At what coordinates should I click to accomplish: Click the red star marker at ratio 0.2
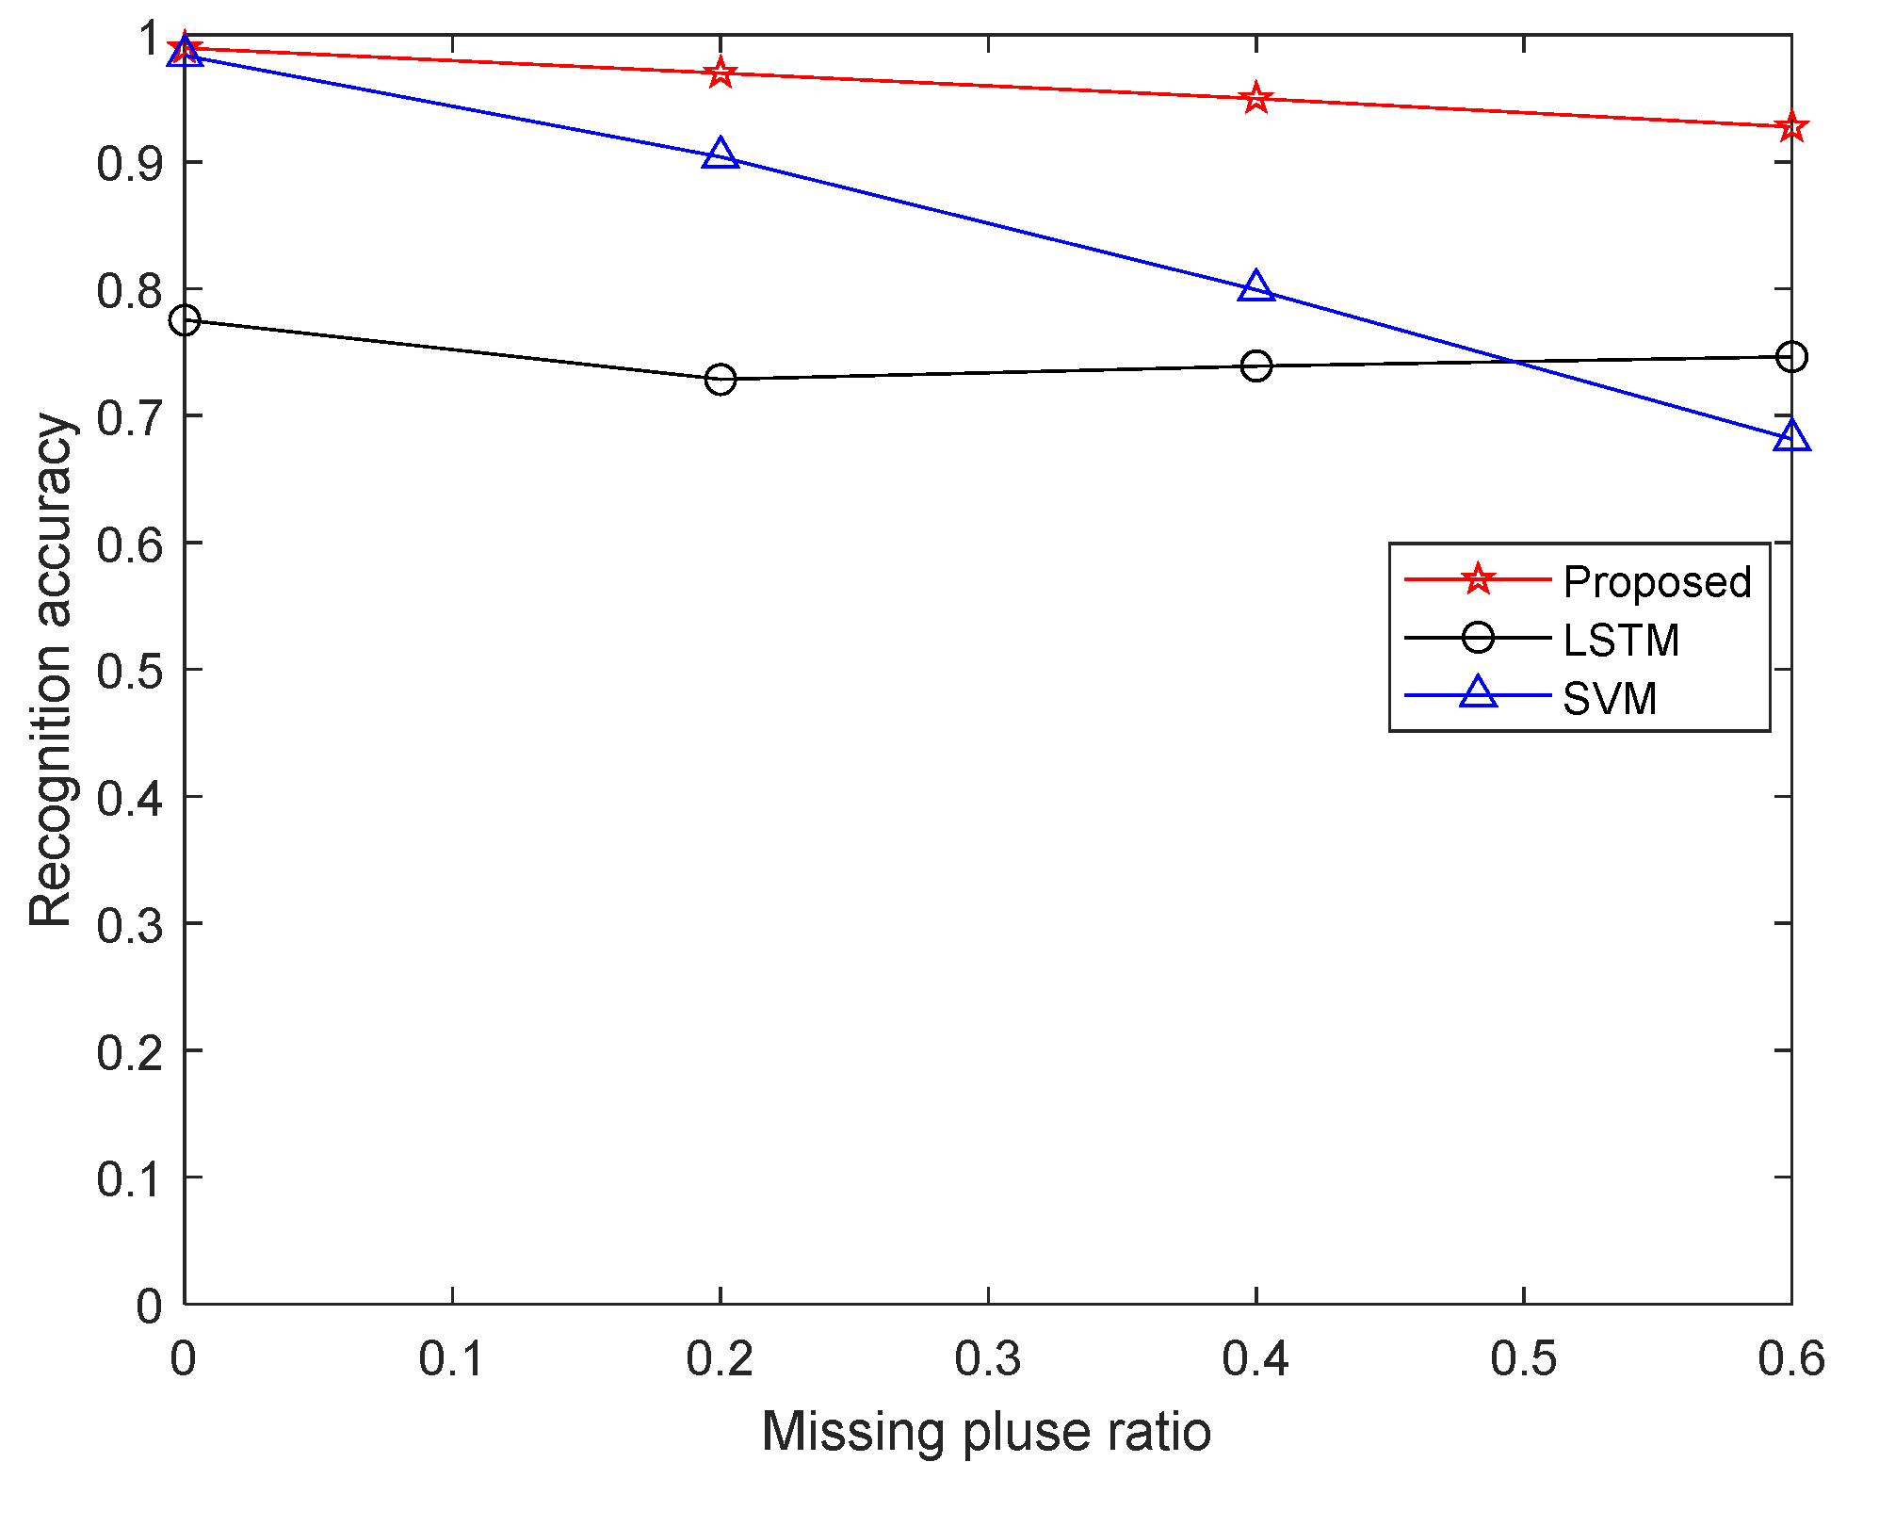(721, 73)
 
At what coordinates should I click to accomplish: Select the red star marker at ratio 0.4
(1255, 98)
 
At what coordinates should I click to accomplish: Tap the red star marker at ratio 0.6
(1790, 127)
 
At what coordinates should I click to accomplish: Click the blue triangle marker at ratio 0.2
(721, 154)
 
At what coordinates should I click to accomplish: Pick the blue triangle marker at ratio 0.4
(1255, 286)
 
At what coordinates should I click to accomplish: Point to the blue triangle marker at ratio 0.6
(1790, 436)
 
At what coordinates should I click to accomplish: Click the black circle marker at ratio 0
(185, 321)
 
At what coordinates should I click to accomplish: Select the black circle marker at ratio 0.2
(721, 380)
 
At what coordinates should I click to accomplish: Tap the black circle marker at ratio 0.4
(1255, 366)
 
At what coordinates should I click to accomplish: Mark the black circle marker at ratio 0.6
(1790, 357)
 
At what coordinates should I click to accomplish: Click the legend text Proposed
(1657, 581)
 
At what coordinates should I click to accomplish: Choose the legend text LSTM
(1621, 640)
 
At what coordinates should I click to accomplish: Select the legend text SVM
(1609, 698)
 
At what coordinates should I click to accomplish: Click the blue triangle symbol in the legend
(1478, 693)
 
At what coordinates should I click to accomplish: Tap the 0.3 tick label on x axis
(988, 1359)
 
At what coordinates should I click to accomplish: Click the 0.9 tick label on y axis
(129, 164)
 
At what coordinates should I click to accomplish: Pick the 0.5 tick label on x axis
(1523, 1359)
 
